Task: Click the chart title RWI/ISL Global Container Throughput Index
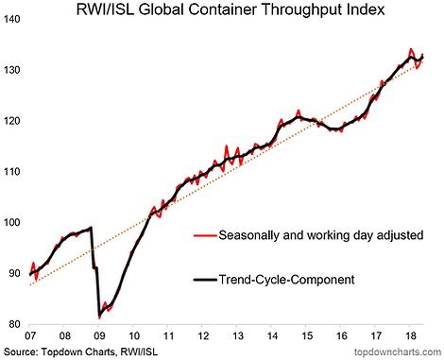[x=231, y=9]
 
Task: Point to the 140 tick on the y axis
[x=11, y=19]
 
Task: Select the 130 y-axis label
[x=11, y=70]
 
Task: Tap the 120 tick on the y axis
[x=11, y=121]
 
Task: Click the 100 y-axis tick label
[x=11, y=223]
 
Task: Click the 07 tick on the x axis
[x=29, y=335]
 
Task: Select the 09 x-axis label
[x=99, y=335]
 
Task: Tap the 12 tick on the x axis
[x=203, y=335]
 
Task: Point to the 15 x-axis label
[x=307, y=335]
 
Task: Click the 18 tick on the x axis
[x=409, y=335]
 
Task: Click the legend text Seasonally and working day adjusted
[x=321, y=235]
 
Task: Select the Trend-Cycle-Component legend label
[x=286, y=280]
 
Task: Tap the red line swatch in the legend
[x=205, y=235]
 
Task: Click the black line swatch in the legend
[x=205, y=280]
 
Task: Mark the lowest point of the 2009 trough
[x=99, y=317]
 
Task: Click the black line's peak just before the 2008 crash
[x=91, y=227]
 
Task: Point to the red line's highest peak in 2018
[x=411, y=49]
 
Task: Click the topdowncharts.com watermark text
[x=398, y=351]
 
